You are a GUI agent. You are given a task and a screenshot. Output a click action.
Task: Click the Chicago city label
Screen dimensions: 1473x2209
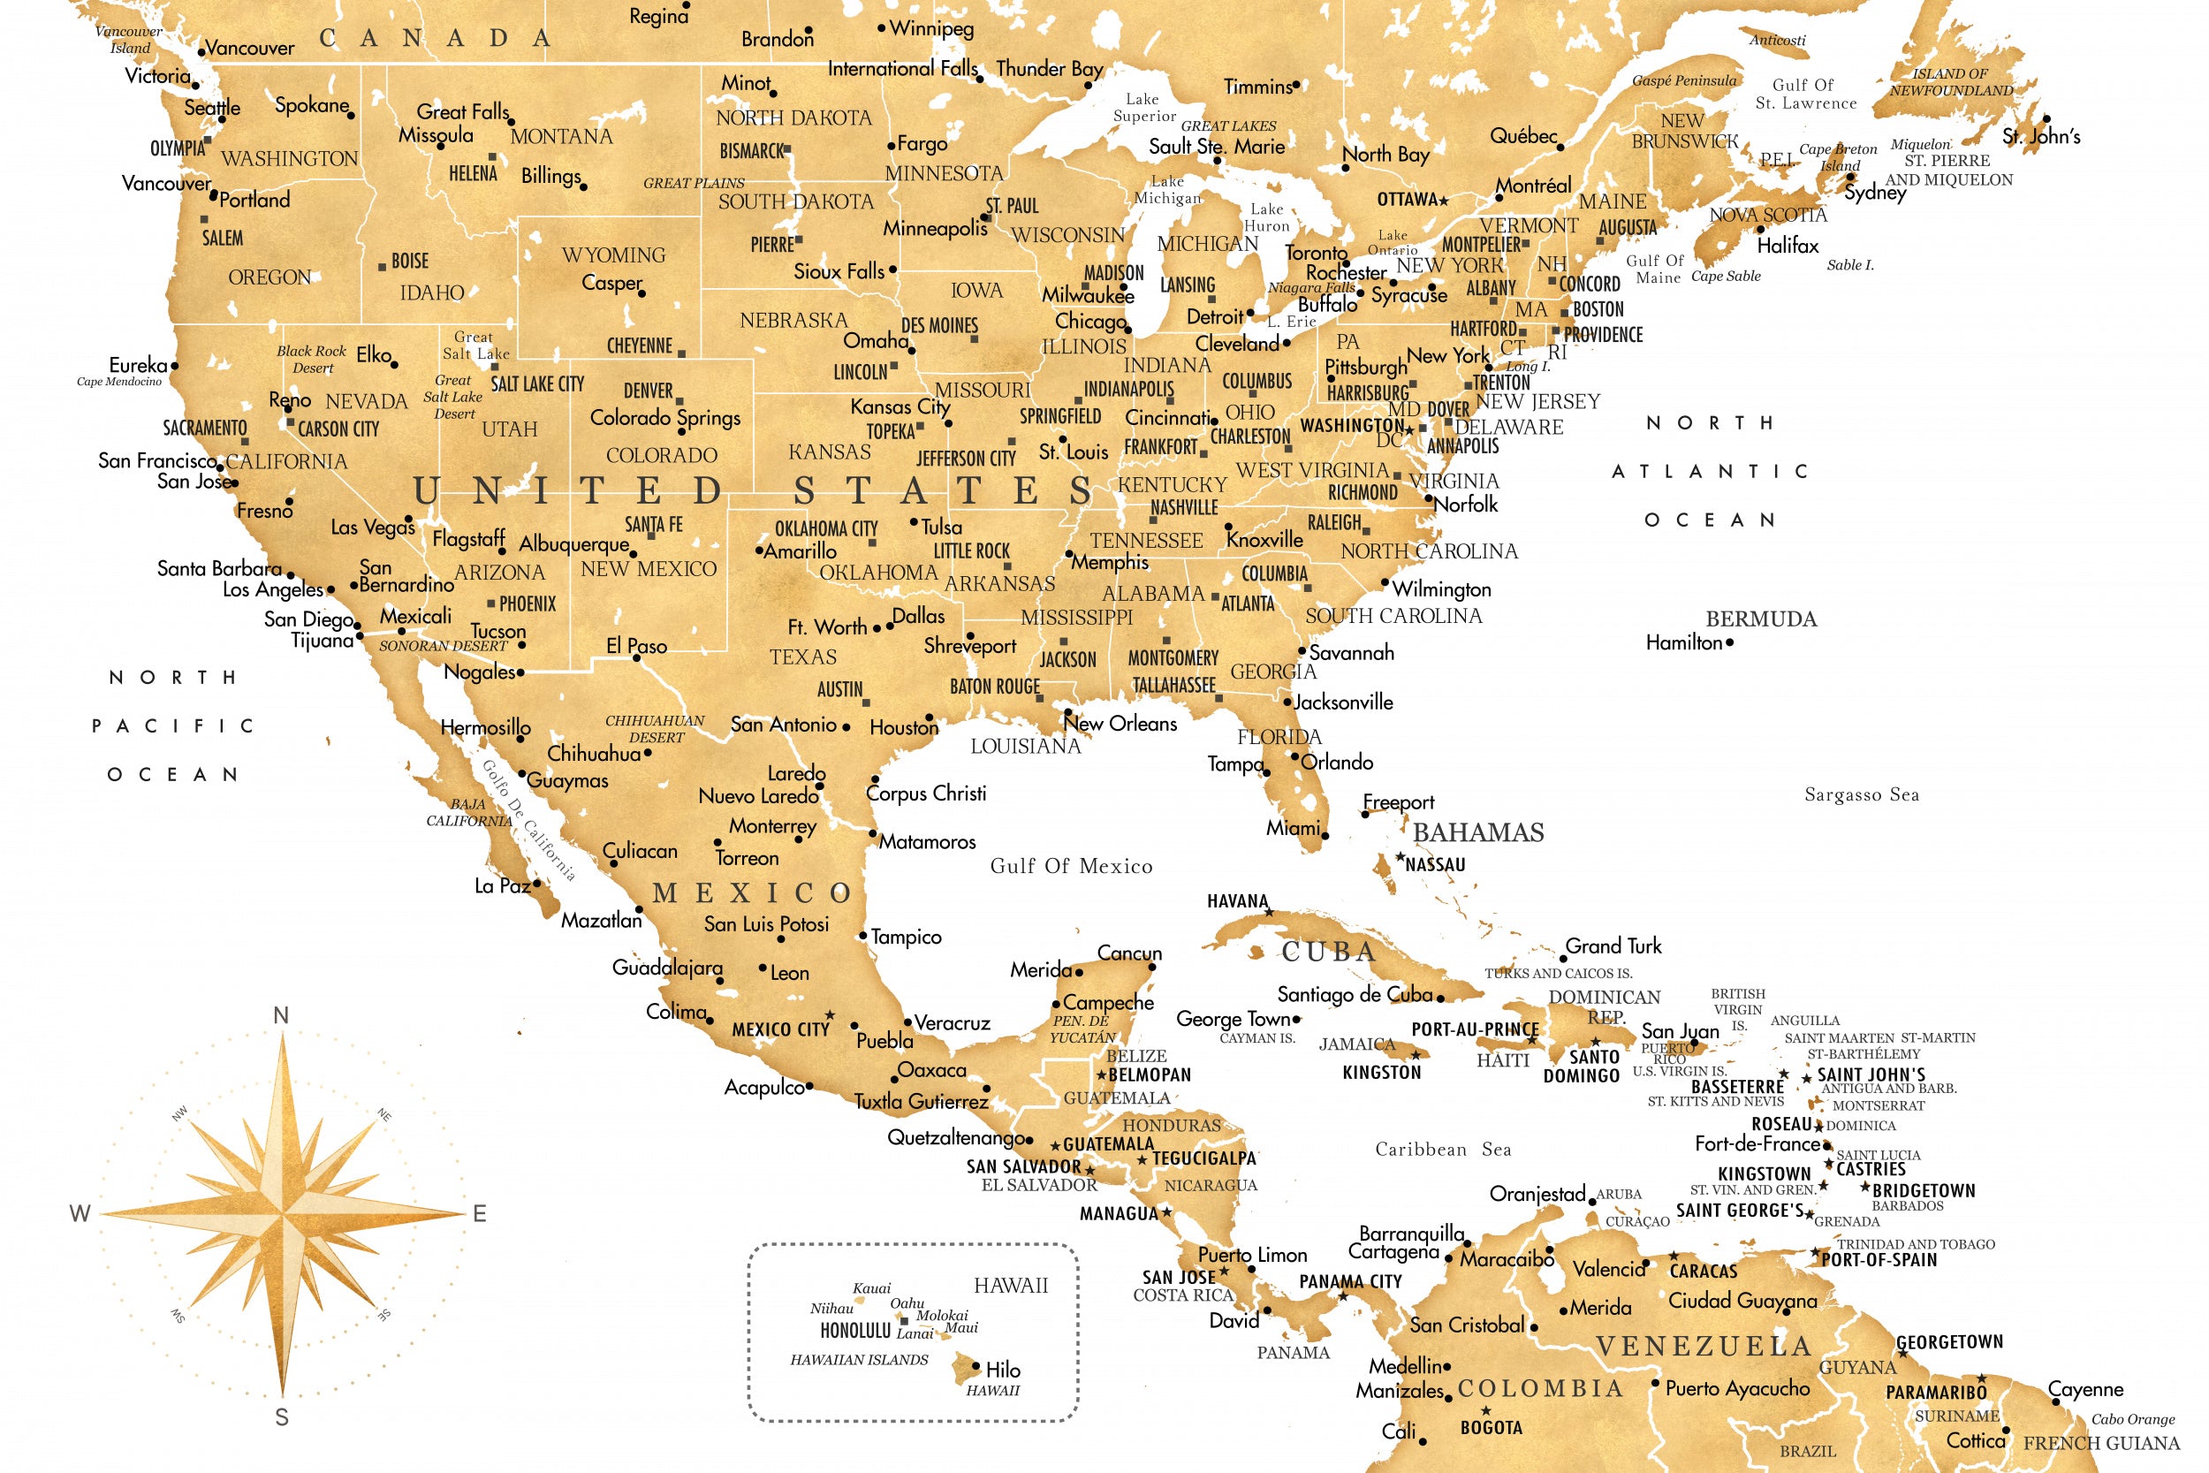1089,322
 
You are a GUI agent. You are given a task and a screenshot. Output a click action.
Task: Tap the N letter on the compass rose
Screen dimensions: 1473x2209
281,1015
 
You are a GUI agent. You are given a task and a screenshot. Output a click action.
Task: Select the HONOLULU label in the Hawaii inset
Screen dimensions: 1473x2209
854,1330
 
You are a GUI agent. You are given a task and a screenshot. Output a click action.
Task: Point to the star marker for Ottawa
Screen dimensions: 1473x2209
1444,200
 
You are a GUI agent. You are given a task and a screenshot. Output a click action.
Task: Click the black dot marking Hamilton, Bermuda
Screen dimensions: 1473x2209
1729,643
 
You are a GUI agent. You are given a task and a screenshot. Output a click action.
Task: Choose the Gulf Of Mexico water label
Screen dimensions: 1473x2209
1071,866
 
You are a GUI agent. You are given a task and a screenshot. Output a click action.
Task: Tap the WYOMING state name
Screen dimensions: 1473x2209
613,255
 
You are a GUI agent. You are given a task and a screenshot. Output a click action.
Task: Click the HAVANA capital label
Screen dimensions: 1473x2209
1237,902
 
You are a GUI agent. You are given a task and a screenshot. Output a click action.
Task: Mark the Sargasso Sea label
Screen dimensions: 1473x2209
1862,794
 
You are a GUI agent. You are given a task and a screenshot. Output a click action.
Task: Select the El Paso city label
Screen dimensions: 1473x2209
637,646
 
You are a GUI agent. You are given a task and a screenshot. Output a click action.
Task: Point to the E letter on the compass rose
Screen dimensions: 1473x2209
479,1214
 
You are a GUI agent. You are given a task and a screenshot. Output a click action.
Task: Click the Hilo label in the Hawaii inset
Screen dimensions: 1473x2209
1003,1370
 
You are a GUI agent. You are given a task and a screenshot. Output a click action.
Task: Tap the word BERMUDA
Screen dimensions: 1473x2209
1761,619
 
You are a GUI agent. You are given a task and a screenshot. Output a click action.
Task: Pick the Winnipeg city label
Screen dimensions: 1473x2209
930,28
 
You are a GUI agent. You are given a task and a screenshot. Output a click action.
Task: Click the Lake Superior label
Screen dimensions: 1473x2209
1144,107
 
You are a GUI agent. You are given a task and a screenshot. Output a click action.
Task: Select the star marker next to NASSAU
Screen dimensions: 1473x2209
1400,858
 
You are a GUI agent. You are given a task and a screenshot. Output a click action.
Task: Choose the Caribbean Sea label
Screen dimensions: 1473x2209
1443,1150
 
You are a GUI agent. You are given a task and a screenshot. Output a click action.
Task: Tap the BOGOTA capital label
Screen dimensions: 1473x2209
1491,1428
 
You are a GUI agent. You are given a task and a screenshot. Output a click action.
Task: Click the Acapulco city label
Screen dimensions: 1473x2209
763,1088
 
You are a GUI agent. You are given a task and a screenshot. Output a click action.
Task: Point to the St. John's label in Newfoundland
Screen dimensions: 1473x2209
2041,137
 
